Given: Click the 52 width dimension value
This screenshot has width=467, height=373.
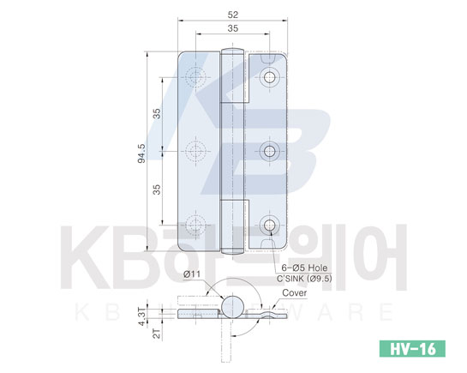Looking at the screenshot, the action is click(x=233, y=15).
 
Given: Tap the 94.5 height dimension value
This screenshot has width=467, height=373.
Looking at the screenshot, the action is click(x=141, y=153).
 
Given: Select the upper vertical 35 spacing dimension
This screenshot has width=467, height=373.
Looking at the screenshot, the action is click(x=157, y=114).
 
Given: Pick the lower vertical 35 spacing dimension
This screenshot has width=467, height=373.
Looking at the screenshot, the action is click(x=157, y=190).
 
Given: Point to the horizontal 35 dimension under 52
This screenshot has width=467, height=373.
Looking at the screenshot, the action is click(x=233, y=28).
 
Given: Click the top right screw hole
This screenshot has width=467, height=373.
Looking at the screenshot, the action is click(x=270, y=77).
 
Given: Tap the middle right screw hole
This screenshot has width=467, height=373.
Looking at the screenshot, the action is click(x=270, y=152).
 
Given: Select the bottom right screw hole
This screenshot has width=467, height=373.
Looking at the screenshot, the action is click(x=270, y=226).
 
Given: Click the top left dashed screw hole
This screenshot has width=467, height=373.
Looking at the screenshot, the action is click(x=195, y=77).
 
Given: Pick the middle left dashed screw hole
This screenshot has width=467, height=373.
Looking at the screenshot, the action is click(x=195, y=152).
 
